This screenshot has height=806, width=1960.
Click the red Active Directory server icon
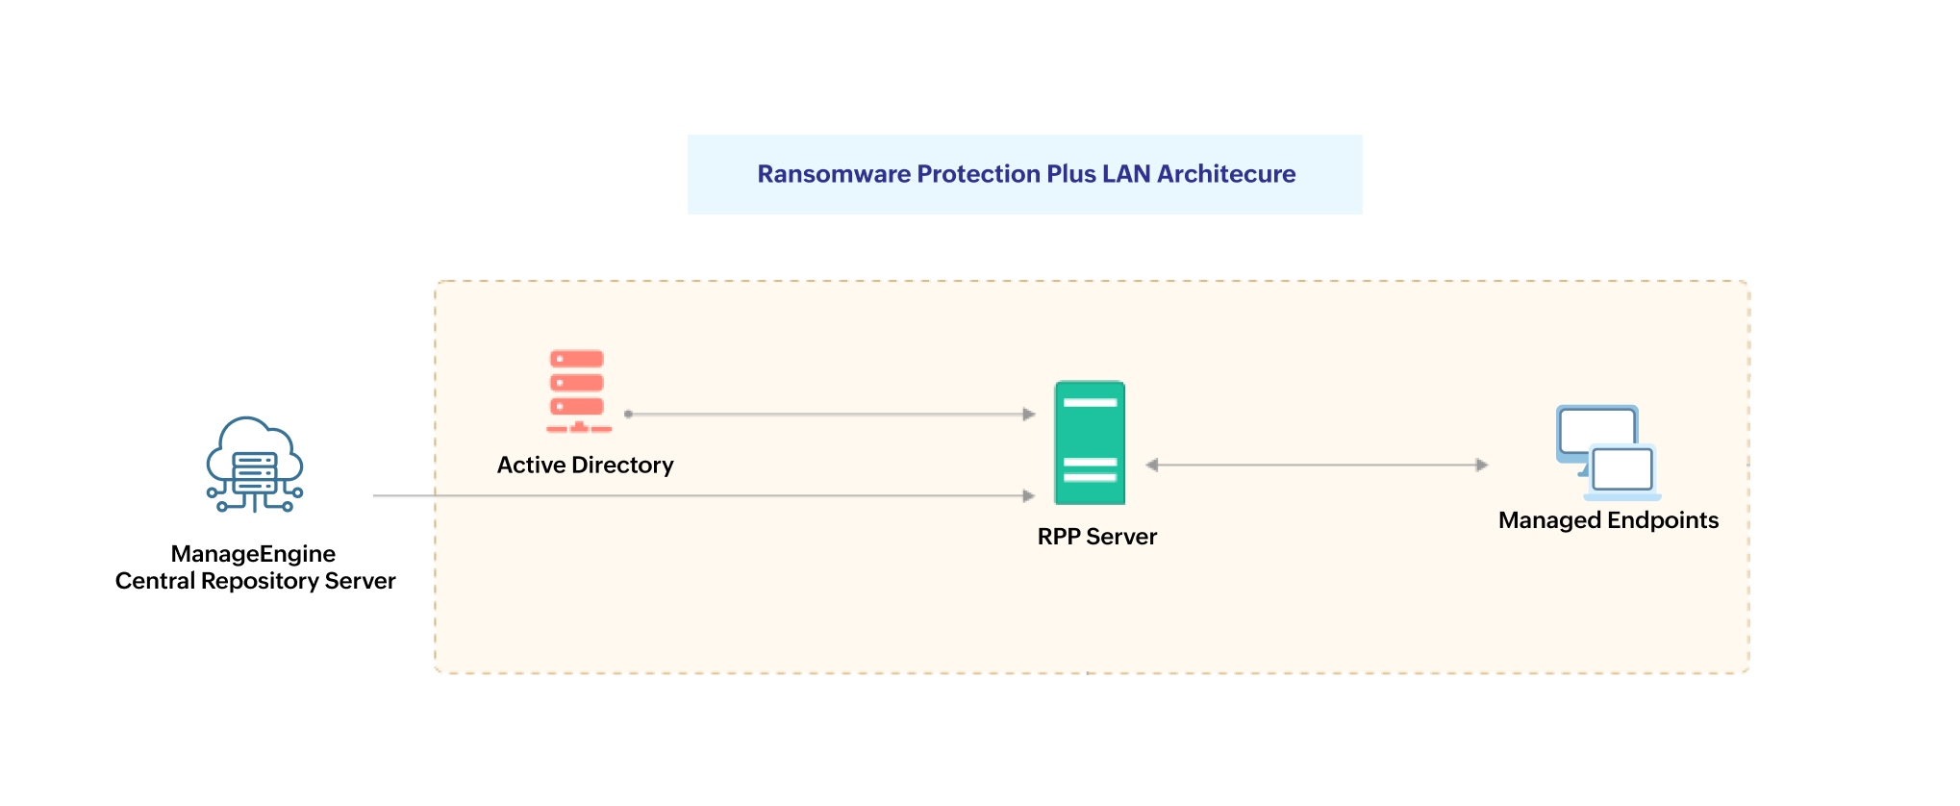tap(577, 390)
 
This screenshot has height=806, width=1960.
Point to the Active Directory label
tap(585, 466)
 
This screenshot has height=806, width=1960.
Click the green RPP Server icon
tap(1090, 443)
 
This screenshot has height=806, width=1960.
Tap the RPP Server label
tap(1096, 537)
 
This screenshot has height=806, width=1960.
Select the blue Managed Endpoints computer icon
tap(1607, 452)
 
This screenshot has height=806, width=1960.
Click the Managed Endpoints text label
tap(1608, 520)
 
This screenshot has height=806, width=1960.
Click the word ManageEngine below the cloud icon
tap(253, 554)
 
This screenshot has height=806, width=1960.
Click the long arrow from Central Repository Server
tap(702, 496)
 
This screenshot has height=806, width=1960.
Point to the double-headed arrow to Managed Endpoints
tap(1318, 466)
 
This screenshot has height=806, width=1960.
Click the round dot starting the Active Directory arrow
tap(628, 415)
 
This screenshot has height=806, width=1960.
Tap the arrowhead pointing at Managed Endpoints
tap(1482, 466)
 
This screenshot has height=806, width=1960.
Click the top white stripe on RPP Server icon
tap(1090, 402)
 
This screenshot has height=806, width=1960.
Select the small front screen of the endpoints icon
tap(1622, 470)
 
